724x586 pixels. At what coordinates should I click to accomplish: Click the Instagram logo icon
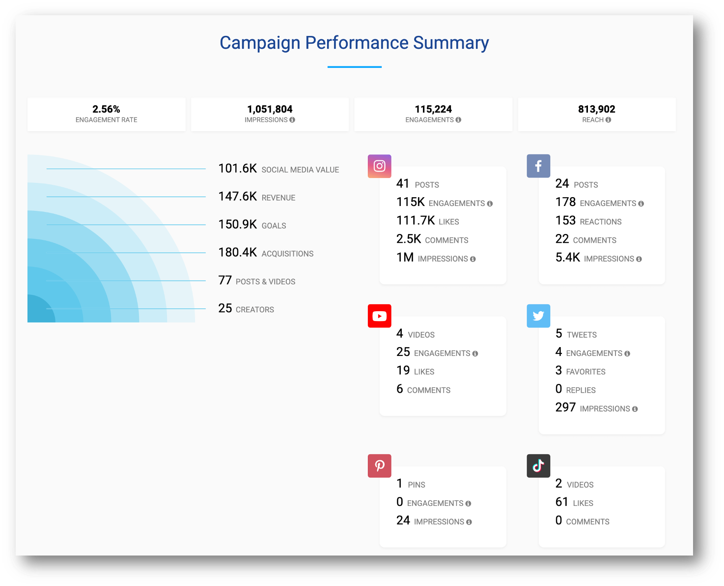point(379,166)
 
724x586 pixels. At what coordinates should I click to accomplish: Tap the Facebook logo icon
point(538,166)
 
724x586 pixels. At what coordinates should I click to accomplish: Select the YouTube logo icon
point(379,316)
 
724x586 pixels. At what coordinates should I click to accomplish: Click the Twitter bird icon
point(538,316)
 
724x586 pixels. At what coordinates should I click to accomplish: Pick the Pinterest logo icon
point(379,466)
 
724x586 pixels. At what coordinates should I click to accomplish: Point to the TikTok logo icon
point(538,466)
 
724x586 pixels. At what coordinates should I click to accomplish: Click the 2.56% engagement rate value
point(106,109)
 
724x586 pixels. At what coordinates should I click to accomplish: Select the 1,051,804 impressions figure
point(270,109)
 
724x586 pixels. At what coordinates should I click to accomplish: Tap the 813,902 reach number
point(596,109)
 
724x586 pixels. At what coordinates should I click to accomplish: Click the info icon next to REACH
point(608,120)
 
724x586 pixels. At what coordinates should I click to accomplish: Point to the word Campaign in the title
point(260,43)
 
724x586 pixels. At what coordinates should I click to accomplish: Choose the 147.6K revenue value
point(237,197)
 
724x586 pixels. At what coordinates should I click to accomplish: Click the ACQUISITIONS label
point(287,254)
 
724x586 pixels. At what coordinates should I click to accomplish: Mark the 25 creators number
point(225,308)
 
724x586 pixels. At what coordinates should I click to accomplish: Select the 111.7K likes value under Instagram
point(416,221)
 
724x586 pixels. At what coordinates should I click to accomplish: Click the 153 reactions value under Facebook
point(565,221)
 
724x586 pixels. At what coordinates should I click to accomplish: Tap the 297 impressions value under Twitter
point(565,408)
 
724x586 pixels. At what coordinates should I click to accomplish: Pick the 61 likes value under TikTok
point(562,502)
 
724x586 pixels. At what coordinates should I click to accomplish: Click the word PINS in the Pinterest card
point(417,485)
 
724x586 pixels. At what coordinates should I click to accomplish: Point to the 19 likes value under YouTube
point(403,371)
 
